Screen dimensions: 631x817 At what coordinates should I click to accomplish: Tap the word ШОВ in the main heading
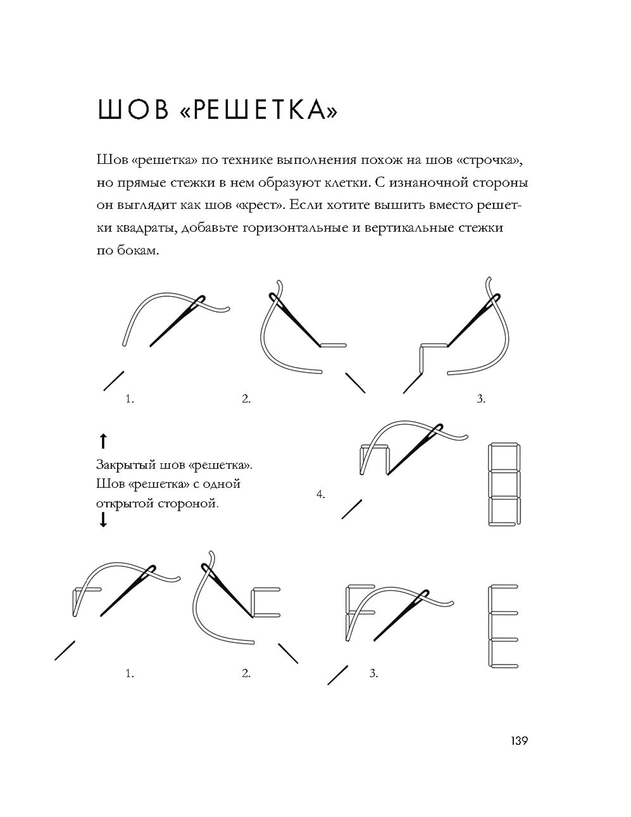132,109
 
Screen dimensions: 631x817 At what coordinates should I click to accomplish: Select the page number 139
519,740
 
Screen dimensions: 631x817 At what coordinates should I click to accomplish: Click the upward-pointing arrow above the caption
103,441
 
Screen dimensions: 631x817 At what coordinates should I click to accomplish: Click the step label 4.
321,494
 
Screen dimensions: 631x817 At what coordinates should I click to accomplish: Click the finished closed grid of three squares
504,485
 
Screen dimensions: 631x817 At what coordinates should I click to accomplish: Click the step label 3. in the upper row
482,399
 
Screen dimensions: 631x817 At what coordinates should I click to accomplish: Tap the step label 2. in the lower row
246,673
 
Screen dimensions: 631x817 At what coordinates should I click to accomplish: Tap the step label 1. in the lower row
130,673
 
